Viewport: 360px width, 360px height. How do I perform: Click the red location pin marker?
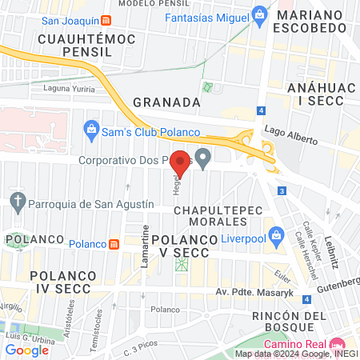click(x=181, y=163)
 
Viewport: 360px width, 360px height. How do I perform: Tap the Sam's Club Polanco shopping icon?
click(x=92, y=128)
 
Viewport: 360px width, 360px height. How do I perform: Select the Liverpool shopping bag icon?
click(x=277, y=235)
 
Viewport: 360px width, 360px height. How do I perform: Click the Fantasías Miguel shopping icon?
click(x=259, y=14)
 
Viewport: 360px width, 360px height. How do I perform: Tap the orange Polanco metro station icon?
click(x=115, y=243)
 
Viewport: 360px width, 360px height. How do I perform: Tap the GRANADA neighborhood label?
click(x=166, y=102)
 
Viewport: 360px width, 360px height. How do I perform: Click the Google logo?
click(x=27, y=349)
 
